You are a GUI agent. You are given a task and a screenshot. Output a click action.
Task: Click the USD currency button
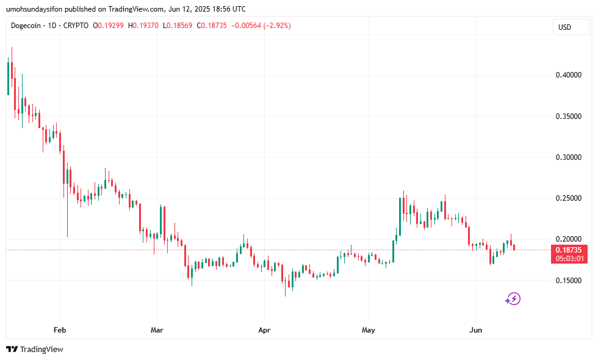(564, 27)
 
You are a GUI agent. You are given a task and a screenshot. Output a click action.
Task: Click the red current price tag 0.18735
(569, 250)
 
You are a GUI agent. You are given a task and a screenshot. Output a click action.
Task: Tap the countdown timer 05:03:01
(569, 258)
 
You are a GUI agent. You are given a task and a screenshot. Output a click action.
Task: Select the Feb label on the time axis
(60, 330)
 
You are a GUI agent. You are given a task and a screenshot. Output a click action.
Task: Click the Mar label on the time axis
(157, 330)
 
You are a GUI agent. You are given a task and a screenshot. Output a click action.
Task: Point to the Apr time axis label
(264, 330)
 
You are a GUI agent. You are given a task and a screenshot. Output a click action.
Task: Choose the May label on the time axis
(369, 330)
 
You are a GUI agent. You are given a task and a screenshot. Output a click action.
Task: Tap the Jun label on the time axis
(475, 330)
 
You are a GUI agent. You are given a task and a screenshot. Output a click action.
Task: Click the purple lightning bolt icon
(513, 298)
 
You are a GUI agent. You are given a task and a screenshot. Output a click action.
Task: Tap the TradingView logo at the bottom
(35, 350)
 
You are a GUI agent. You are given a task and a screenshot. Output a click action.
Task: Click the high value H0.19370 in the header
(144, 26)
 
